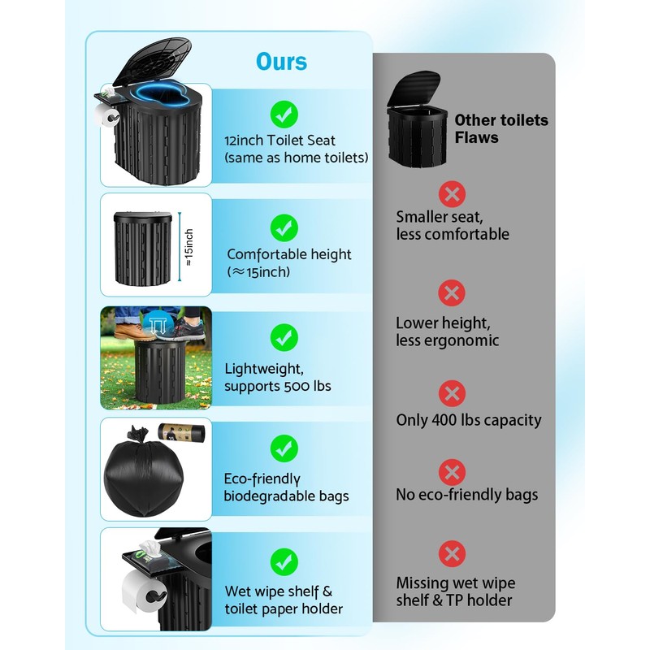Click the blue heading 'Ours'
(283, 62)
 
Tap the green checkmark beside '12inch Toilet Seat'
(284, 113)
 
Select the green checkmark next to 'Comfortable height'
(284, 227)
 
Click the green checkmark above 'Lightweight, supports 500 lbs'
(284, 336)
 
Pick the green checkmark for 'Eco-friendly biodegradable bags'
(284, 446)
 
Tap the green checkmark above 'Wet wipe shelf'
(284, 560)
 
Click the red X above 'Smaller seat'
(452, 193)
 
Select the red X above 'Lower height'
(452, 292)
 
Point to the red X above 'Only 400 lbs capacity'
(452, 395)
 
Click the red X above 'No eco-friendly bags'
(452, 472)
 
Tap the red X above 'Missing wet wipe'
(452, 555)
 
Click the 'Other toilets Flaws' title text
(500, 129)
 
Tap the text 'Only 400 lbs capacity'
(468, 421)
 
